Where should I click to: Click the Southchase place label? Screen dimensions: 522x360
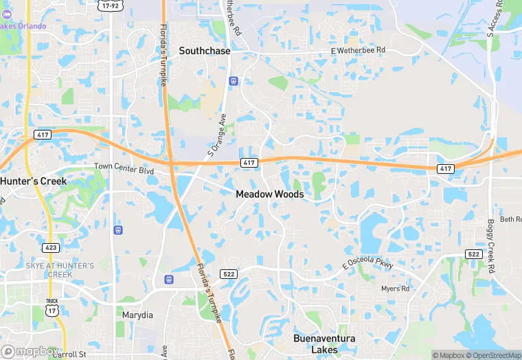click(x=205, y=51)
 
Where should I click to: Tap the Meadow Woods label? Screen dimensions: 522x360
click(x=269, y=194)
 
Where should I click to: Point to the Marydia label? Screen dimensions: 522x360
click(x=137, y=315)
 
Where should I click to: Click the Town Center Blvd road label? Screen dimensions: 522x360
click(x=123, y=167)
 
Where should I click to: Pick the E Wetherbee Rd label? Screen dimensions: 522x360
click(x=358, y=51)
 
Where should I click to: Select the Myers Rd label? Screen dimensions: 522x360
click(x=395, y=289)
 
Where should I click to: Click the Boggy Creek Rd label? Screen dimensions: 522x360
click(x=491, y=237)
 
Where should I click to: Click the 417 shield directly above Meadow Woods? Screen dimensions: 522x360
click(x=249, y=162)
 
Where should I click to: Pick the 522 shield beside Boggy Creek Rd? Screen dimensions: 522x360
click(x=473, y=254)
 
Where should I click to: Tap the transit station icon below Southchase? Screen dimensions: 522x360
click(x=234, y=80)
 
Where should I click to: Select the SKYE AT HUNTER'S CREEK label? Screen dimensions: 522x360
click(x=60, y=269)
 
